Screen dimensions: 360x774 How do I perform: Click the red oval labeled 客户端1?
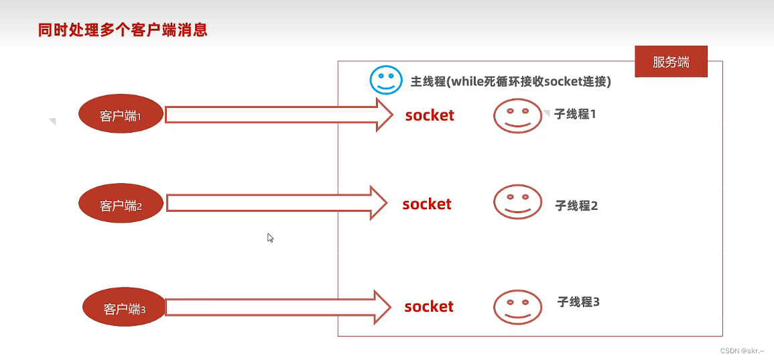click(121, 115)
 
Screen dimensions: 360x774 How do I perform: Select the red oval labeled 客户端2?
click(121, 205)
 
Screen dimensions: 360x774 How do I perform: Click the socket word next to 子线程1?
click(430, 115)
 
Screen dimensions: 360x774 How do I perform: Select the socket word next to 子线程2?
click(427, 204)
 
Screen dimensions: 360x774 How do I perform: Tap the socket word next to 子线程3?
click(429, 306)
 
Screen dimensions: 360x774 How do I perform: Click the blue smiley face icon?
click(385, 80)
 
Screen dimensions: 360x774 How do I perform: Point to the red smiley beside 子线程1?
click(517, 115)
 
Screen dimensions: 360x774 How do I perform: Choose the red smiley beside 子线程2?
click(517, 202)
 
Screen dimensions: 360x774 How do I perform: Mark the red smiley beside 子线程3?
click(517, 306)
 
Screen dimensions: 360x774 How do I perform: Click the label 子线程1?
click(575, 114)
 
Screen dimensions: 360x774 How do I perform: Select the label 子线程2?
click(576, 205)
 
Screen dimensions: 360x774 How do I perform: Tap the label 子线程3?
click(578, 302)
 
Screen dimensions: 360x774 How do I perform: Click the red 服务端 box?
click(671, 62)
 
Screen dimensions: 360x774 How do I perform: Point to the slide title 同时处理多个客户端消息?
click(123, 30)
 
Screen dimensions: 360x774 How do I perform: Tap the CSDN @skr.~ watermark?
click(743, 351)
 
